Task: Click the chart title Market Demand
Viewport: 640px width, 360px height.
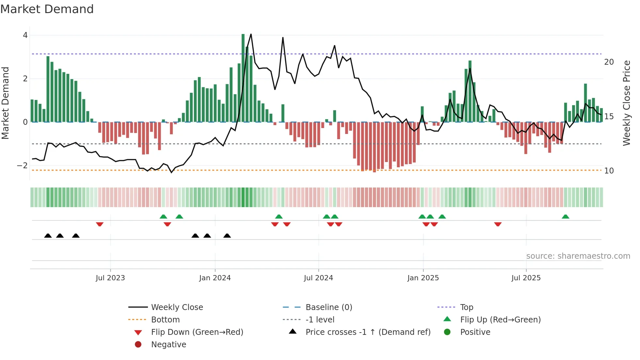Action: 47,9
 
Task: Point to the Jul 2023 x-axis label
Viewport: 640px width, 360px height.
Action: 110,278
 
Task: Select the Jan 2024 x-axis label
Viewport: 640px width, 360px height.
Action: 215,278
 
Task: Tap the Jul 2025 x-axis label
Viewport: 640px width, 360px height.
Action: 526,278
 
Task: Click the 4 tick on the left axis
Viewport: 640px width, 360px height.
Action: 25,35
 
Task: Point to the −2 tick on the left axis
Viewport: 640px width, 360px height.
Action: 23,166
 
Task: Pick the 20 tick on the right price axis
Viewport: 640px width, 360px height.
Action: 609,62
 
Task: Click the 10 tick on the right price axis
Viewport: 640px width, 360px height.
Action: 609,171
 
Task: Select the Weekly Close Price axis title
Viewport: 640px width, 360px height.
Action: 627,103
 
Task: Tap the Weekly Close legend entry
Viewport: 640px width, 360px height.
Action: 177,307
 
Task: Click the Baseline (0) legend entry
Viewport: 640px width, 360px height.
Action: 328,307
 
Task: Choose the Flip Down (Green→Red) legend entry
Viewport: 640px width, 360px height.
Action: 197,332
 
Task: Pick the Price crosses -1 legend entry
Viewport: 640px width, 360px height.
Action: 368,332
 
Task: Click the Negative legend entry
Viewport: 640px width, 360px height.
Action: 168,345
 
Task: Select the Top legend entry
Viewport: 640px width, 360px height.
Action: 467,307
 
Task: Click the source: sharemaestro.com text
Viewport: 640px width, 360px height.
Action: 578,256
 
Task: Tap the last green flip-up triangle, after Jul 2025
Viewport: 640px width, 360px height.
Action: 566,217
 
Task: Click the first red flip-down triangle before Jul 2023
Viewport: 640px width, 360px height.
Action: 100,224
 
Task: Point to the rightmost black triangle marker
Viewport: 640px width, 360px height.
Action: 227,236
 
